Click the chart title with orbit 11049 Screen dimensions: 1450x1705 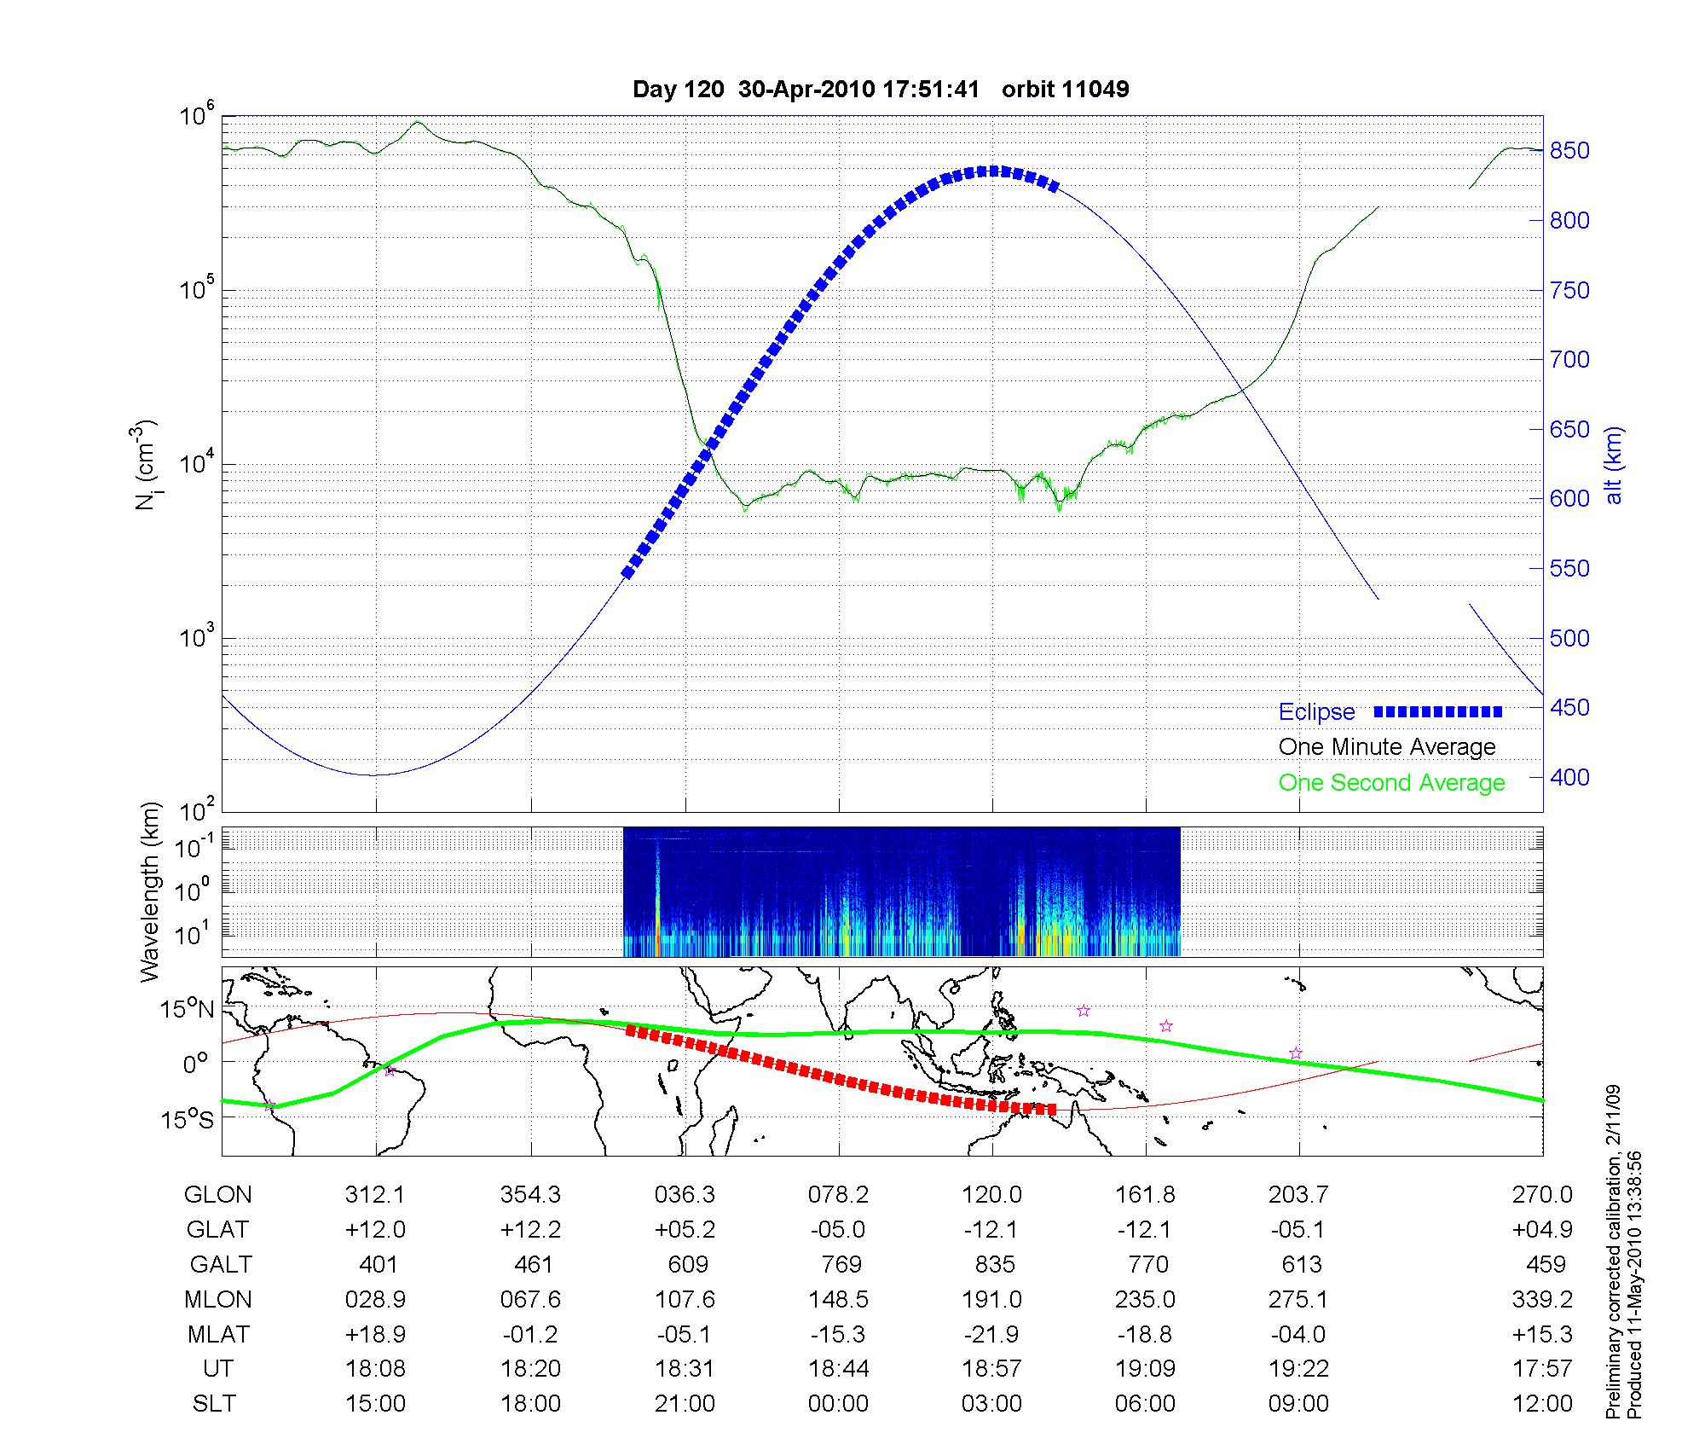(x=881, y=89)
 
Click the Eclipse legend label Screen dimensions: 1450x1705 (x=1316, y=711)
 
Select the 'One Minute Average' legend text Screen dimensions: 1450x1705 (x=1387, y=747)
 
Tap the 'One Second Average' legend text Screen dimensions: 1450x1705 (x=1391, y=783)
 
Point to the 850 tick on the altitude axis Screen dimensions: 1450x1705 (x=1569, y=151)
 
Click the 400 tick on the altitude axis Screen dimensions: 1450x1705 (x=1569, y=777)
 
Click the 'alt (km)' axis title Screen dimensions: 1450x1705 (x=1613, y=465)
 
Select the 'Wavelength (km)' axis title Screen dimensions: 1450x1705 (x=151, y=891)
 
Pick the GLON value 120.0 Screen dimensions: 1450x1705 (x=991, y=1195)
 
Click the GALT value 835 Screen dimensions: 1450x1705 (x=994, y=1264)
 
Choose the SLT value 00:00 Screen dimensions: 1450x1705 (x=838, y=1403)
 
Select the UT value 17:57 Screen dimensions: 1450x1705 (x=1543, y=1369)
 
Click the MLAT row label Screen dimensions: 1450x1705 (x=218, y=1334)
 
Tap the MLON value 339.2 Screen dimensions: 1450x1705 (x=1543, y=1299)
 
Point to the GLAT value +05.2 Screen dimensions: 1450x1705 (x=685, y=1229)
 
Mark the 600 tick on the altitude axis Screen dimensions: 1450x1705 (x=1569, y=499)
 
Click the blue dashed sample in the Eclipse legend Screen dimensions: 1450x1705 (x=1438, y=711)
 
